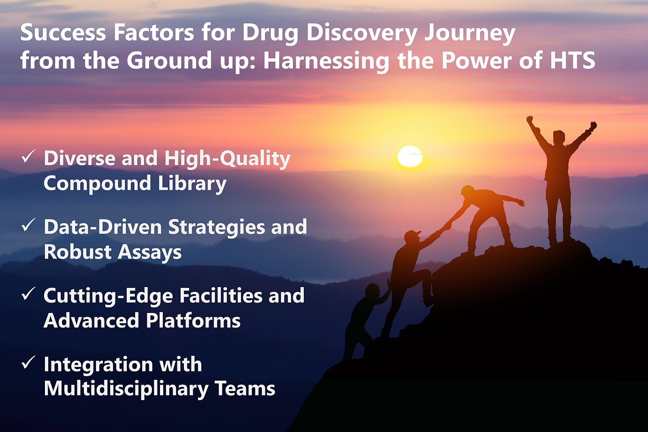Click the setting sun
pyautogui.click(x=410, y=156)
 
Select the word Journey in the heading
pyautogui.click(x=469, y=33)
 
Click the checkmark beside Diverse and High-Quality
pyautogui.click(x=28, y=156)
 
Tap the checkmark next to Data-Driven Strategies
pyautogui.click(x=28, y=225)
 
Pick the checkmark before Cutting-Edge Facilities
pyautogui.click(x=28, y=294)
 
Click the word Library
pyautogui.click(x=192, y=183)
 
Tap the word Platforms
pyautogui.click(x=193, y=321)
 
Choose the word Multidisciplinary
pyautogui.click(x=126, y=389)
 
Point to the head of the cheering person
pyautogui.click(x=559, y=136)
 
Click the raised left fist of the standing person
pyautogui.click(x=530, y=120)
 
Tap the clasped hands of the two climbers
pyautogui.click(x=447, y=225)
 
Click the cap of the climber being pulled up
pyautogui.click(x=412, y=234)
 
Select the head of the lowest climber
pyautogui.click(x=372, y=290)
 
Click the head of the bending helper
pyautogui.click(x=468, y=191)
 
